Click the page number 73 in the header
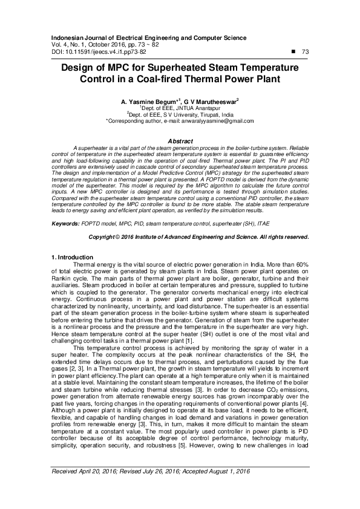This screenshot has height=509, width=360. pos(305,53)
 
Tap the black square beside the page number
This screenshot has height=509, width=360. pos(293,52)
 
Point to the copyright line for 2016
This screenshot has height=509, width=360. pos(180,236)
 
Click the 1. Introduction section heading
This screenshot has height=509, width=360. pos(73,258)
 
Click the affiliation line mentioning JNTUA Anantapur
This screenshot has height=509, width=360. pos(180,107)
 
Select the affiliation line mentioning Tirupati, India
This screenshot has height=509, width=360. pos(180,114)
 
